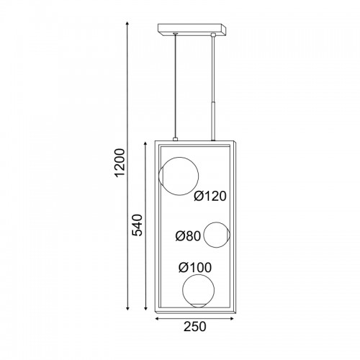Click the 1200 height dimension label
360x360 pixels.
point(120,163)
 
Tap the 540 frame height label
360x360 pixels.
point(138,225)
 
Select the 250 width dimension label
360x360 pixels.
point(195,326)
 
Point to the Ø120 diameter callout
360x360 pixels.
point(210,196)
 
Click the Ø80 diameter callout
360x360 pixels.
point(188,236)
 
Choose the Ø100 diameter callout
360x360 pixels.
point(195,267)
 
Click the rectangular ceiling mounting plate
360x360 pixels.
point(192,30)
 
